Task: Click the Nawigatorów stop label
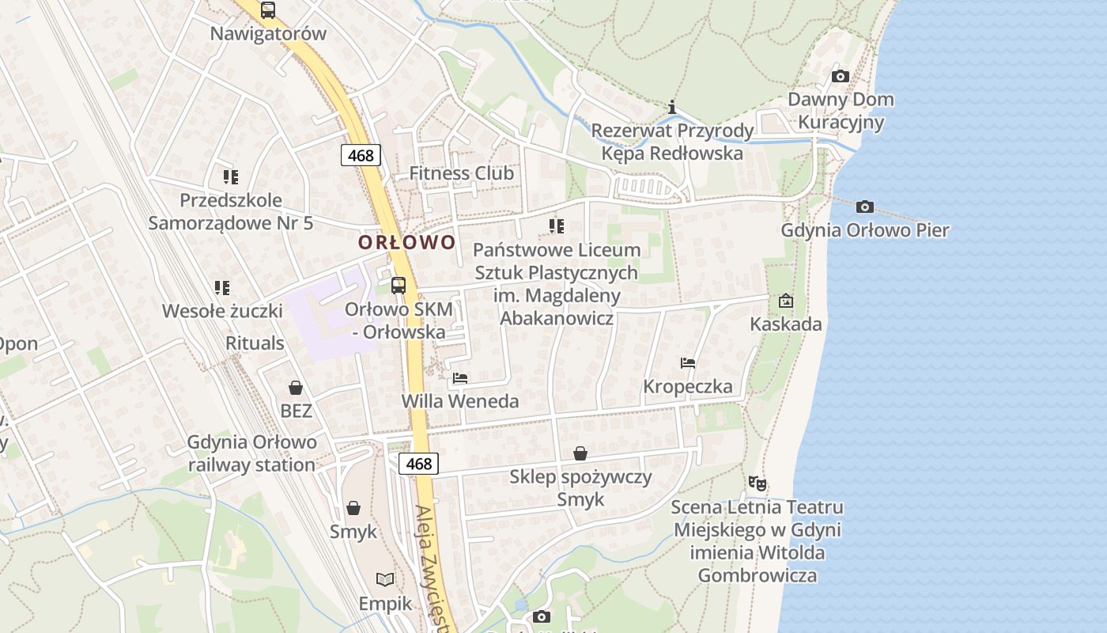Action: click(268, 34)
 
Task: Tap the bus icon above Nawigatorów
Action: click(268, 10)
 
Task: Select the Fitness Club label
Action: click(461, 173)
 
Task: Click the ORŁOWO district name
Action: click(407, 242)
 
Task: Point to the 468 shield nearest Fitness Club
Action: click(361, 155)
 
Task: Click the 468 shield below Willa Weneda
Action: click(418, 463)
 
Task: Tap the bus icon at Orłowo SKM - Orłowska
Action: click(399, 286)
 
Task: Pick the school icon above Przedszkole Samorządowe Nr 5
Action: click(231, 176)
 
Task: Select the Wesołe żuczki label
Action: click(222, 311)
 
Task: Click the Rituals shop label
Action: click(255, 343)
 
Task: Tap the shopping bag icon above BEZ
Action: click(296, 387)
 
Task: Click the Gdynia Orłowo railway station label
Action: click(251, 453)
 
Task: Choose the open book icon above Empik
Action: click(385, 580)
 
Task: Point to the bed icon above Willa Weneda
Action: click(460, 377)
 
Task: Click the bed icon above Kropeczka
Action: click(688, 363)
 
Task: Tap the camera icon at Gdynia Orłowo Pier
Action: click(865, 207)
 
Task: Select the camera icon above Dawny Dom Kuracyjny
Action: click(841, 76)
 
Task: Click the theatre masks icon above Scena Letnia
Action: click(758, 482)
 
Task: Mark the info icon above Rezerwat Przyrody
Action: click(672, 107)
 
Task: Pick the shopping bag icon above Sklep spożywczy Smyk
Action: click(580, 453)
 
